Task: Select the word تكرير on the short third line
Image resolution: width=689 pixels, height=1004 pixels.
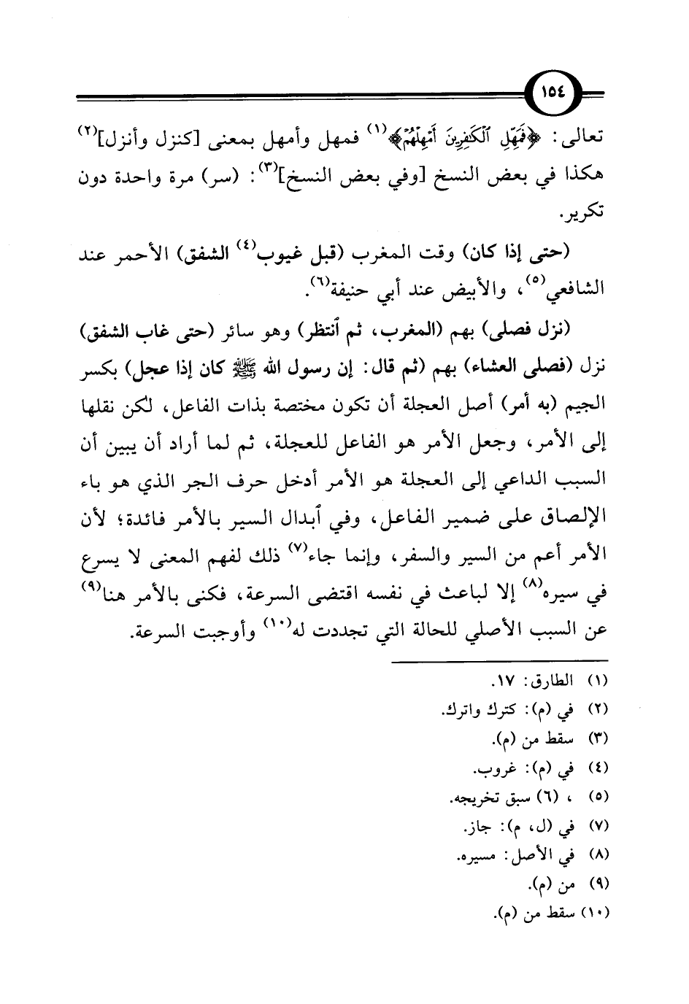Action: click(594, 216)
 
